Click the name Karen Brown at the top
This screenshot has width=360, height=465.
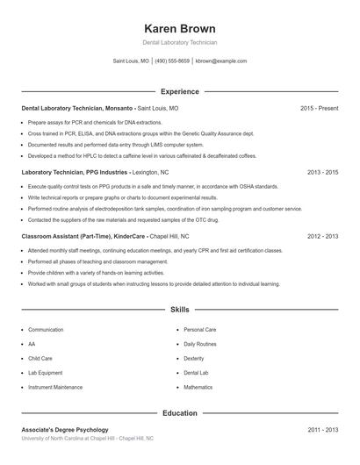[x=179, y=28]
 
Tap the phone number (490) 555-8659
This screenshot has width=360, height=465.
[x=172, y=61]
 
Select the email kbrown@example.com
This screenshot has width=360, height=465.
[x=221, y=61]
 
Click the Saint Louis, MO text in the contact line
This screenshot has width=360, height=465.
[x=132, y=61]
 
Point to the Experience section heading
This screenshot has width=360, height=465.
[x=179, y=91]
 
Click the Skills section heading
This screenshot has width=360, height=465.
[x=179, y=310]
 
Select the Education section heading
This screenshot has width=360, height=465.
[x=179, y=412]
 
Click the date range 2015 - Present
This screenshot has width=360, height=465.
[x=319, y=108]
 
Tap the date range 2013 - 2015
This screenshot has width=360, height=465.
[x=322, y=172]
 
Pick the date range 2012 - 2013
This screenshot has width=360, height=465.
[x=322, y=236]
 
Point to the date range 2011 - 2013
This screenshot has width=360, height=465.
[x=322, y=430]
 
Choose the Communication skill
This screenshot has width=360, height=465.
[x=46, y=330]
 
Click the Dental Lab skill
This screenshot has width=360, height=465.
[x=197, y=372]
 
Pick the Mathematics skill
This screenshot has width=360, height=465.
[x=198, y=386]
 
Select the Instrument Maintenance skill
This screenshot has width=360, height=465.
[x=55, y=386]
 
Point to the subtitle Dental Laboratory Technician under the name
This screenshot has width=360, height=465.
[x=179, y=42]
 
